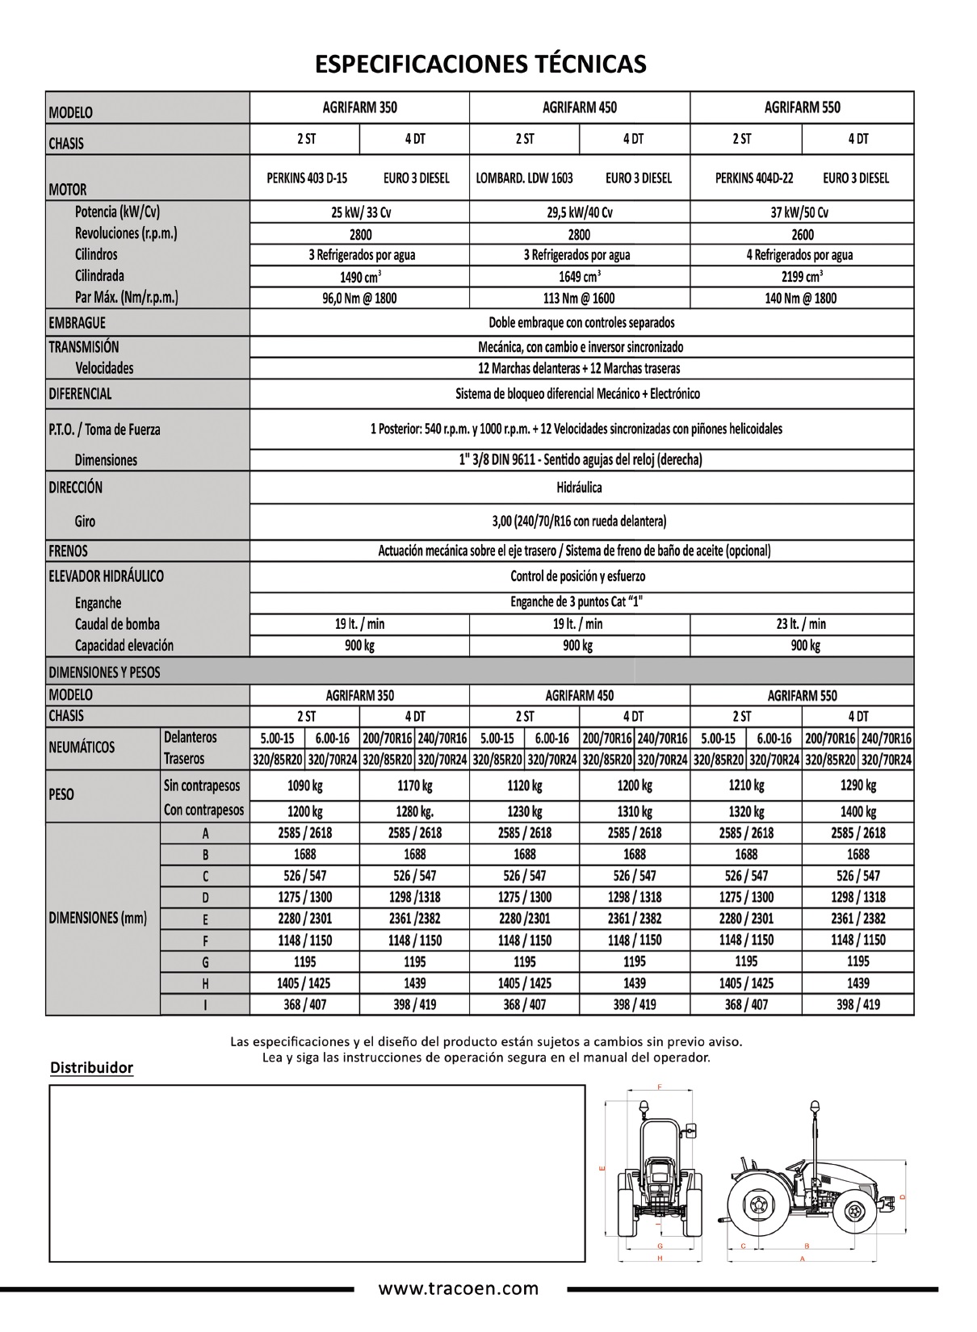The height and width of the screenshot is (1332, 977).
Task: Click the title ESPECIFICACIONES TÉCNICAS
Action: [x=480, y=64]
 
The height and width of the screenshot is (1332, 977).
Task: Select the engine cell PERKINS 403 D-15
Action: [x=307, y=178]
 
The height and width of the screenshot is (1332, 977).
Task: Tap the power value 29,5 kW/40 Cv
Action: [x=579, y=213]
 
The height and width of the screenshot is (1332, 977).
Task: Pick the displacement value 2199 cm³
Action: [x=802, y=277]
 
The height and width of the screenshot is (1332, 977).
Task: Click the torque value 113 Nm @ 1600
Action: [x=579, y=299]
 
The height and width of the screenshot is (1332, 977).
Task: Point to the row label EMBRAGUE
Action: [x=78, y=323]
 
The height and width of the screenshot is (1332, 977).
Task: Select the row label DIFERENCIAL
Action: [x=81, y=394]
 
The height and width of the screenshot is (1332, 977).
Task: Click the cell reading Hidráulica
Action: [x=579, y=488]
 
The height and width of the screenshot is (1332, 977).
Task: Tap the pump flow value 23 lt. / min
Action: [x=802, y=624]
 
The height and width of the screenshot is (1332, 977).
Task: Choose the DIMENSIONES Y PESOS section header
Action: [x=105, y=672]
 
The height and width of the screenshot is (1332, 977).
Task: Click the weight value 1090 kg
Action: [x=304, y=785]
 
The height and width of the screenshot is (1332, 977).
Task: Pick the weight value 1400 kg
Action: [x=857, y=812]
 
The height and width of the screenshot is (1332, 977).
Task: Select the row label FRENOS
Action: [x=69, y=551]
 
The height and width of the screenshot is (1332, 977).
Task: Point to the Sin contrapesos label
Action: [x=202, y=785]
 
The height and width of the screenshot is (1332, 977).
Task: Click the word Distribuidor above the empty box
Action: [x=91, y=1068]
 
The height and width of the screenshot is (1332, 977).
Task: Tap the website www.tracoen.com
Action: [x=459, y=1289]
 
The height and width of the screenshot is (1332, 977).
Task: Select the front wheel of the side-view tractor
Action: [x=856, y=1211]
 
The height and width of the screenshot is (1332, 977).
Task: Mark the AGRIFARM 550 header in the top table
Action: [x=802, y=107]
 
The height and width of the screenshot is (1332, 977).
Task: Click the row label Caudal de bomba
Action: [x=117, y=624]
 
